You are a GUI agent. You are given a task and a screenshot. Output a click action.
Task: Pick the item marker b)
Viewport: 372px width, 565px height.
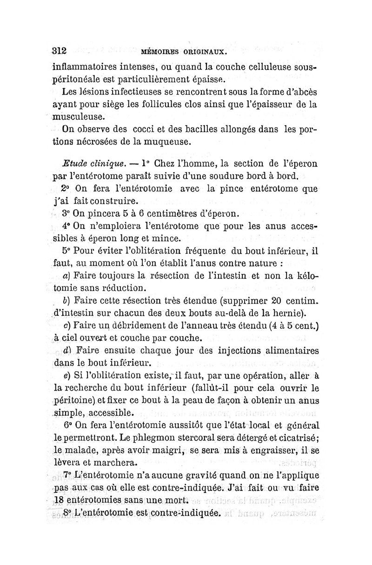[x=65, y=299]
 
